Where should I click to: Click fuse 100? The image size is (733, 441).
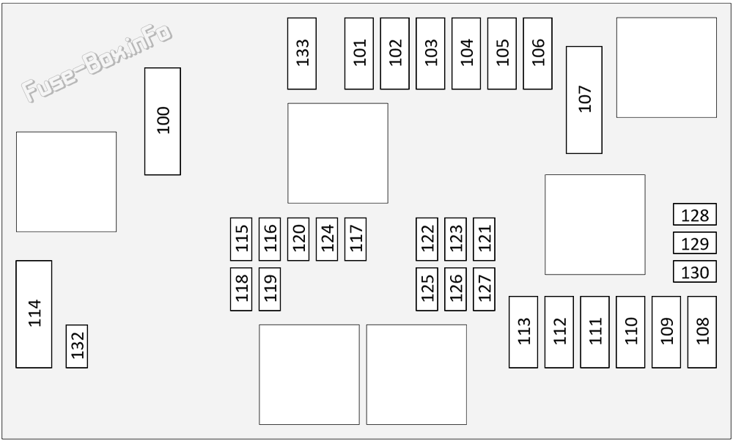[162, 122]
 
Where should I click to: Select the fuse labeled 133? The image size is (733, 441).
[301, 53]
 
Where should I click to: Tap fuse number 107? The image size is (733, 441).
[584, 100]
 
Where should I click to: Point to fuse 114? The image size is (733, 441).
[34, 314]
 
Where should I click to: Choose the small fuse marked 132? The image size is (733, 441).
[77, 346]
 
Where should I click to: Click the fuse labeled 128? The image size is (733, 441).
[695, 214]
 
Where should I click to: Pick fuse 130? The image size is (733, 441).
[695, 271]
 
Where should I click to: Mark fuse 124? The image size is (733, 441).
[327, 239]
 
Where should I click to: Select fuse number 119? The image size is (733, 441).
[270, 289]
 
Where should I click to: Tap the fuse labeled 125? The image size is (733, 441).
[427, 289]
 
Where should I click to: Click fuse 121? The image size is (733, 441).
[484, 239]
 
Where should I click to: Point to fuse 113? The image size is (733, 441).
[523, 332]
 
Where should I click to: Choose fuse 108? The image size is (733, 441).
[701, 332]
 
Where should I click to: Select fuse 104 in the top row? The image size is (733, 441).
[466, 53]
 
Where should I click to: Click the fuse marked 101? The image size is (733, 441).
[359, 53]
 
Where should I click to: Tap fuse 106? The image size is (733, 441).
[537, 53]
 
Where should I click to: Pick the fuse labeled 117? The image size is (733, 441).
[356, 239]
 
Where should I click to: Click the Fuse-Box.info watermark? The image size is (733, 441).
[97, 62]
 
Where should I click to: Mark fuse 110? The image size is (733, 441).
[630, 332]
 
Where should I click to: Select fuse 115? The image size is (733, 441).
[241, 239]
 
